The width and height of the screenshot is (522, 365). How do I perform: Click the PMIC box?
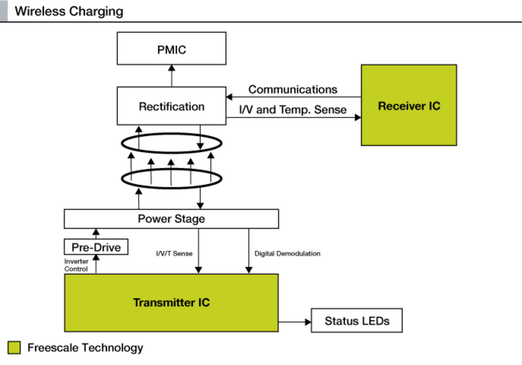tap(171, 49)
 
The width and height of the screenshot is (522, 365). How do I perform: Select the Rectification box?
tap(171, 106)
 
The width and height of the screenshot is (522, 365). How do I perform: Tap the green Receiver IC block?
tap(409, 105)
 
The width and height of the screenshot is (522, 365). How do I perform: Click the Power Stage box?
tap(171, 219)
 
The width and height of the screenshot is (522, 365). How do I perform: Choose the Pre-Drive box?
tap(96, 247)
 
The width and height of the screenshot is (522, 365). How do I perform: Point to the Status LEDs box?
tap(357, 320)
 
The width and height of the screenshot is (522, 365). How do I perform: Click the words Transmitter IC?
tap(171, 303)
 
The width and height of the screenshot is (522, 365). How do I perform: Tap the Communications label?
tap(292, 89)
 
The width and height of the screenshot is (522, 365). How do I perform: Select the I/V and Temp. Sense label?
tap(292, 109)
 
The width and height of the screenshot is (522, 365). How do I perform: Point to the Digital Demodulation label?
tap(287, 254)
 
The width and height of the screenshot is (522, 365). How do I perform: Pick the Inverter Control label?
tap(76, 265)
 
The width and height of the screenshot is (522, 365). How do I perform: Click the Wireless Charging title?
tap(69, 11)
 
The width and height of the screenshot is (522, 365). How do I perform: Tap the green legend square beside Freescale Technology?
tap(14, 348)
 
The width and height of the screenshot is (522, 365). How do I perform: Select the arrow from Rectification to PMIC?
tap(172, 76)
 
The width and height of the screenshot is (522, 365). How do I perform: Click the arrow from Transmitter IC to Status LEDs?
tap(295, 322)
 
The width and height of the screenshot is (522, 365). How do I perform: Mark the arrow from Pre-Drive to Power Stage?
tap(96, 234)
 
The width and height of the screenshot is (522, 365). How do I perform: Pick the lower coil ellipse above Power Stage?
tap(171, 178)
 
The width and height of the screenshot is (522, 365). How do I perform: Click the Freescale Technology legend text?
tap(85, 348)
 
